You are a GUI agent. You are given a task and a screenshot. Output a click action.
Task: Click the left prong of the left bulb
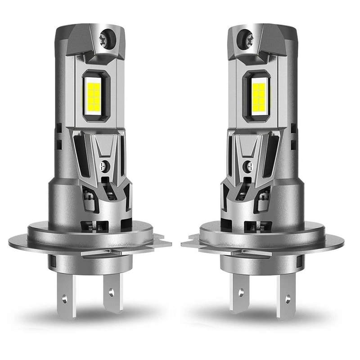[66, 295]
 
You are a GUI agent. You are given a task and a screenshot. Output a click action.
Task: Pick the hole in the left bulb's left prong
[64, 297]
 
